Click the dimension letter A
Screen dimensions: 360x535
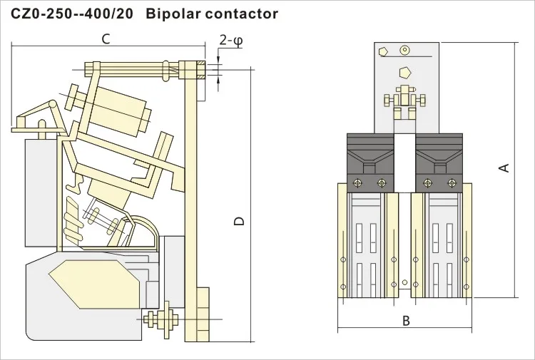click(504, 168)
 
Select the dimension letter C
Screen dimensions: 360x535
click(105, 38)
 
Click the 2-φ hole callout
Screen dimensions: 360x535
click(230, 41)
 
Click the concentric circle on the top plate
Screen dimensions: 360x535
click(406, 50)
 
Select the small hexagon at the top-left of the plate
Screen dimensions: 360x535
click(384, 51)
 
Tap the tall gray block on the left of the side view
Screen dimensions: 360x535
click(36, 192)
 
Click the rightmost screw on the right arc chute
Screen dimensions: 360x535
click(453, 183)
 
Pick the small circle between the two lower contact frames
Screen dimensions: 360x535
click(405, 282)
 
